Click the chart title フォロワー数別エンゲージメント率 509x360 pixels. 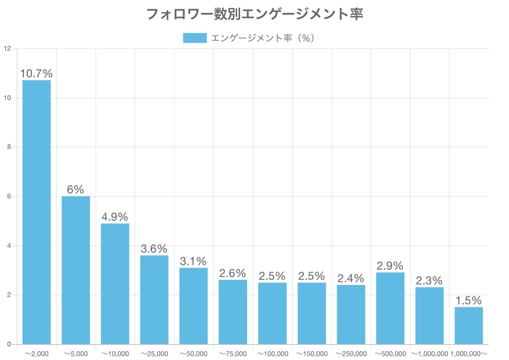click(254, 14)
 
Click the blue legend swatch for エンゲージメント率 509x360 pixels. click(194, 38)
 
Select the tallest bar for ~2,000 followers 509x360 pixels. click(36, 212)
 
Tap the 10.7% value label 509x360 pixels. click(36, 73)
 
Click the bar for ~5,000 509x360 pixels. click(76, 270)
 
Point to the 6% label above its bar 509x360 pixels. click(76, 189)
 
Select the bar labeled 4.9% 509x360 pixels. click(115, 284)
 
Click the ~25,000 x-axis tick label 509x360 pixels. click(154, 353)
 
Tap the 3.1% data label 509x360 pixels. click(193, 261)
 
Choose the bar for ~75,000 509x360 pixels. click(233, 312)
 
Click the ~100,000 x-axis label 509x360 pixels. click(272, 353)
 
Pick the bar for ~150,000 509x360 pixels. click(311, 313)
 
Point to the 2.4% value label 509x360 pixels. click(351, 278)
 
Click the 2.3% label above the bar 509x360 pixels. click(430, 281)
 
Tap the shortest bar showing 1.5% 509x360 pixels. click(469, 325)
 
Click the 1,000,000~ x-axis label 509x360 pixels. click(469, 353)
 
